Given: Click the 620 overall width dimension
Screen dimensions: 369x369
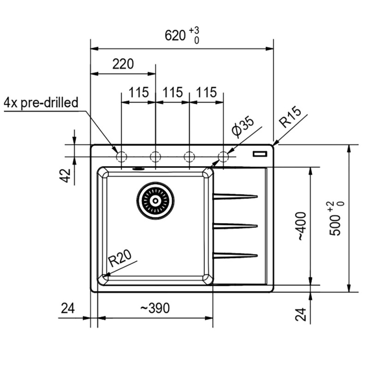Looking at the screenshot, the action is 175,36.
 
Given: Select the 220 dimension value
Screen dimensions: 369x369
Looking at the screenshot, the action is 123,64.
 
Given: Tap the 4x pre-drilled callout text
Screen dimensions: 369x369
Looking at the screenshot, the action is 41,103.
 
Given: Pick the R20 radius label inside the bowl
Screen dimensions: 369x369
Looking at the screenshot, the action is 120,258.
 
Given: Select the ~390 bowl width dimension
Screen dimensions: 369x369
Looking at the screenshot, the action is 155,308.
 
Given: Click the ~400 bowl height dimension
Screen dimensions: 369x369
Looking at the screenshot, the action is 302,226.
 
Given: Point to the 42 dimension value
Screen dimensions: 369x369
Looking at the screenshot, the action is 65,176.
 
